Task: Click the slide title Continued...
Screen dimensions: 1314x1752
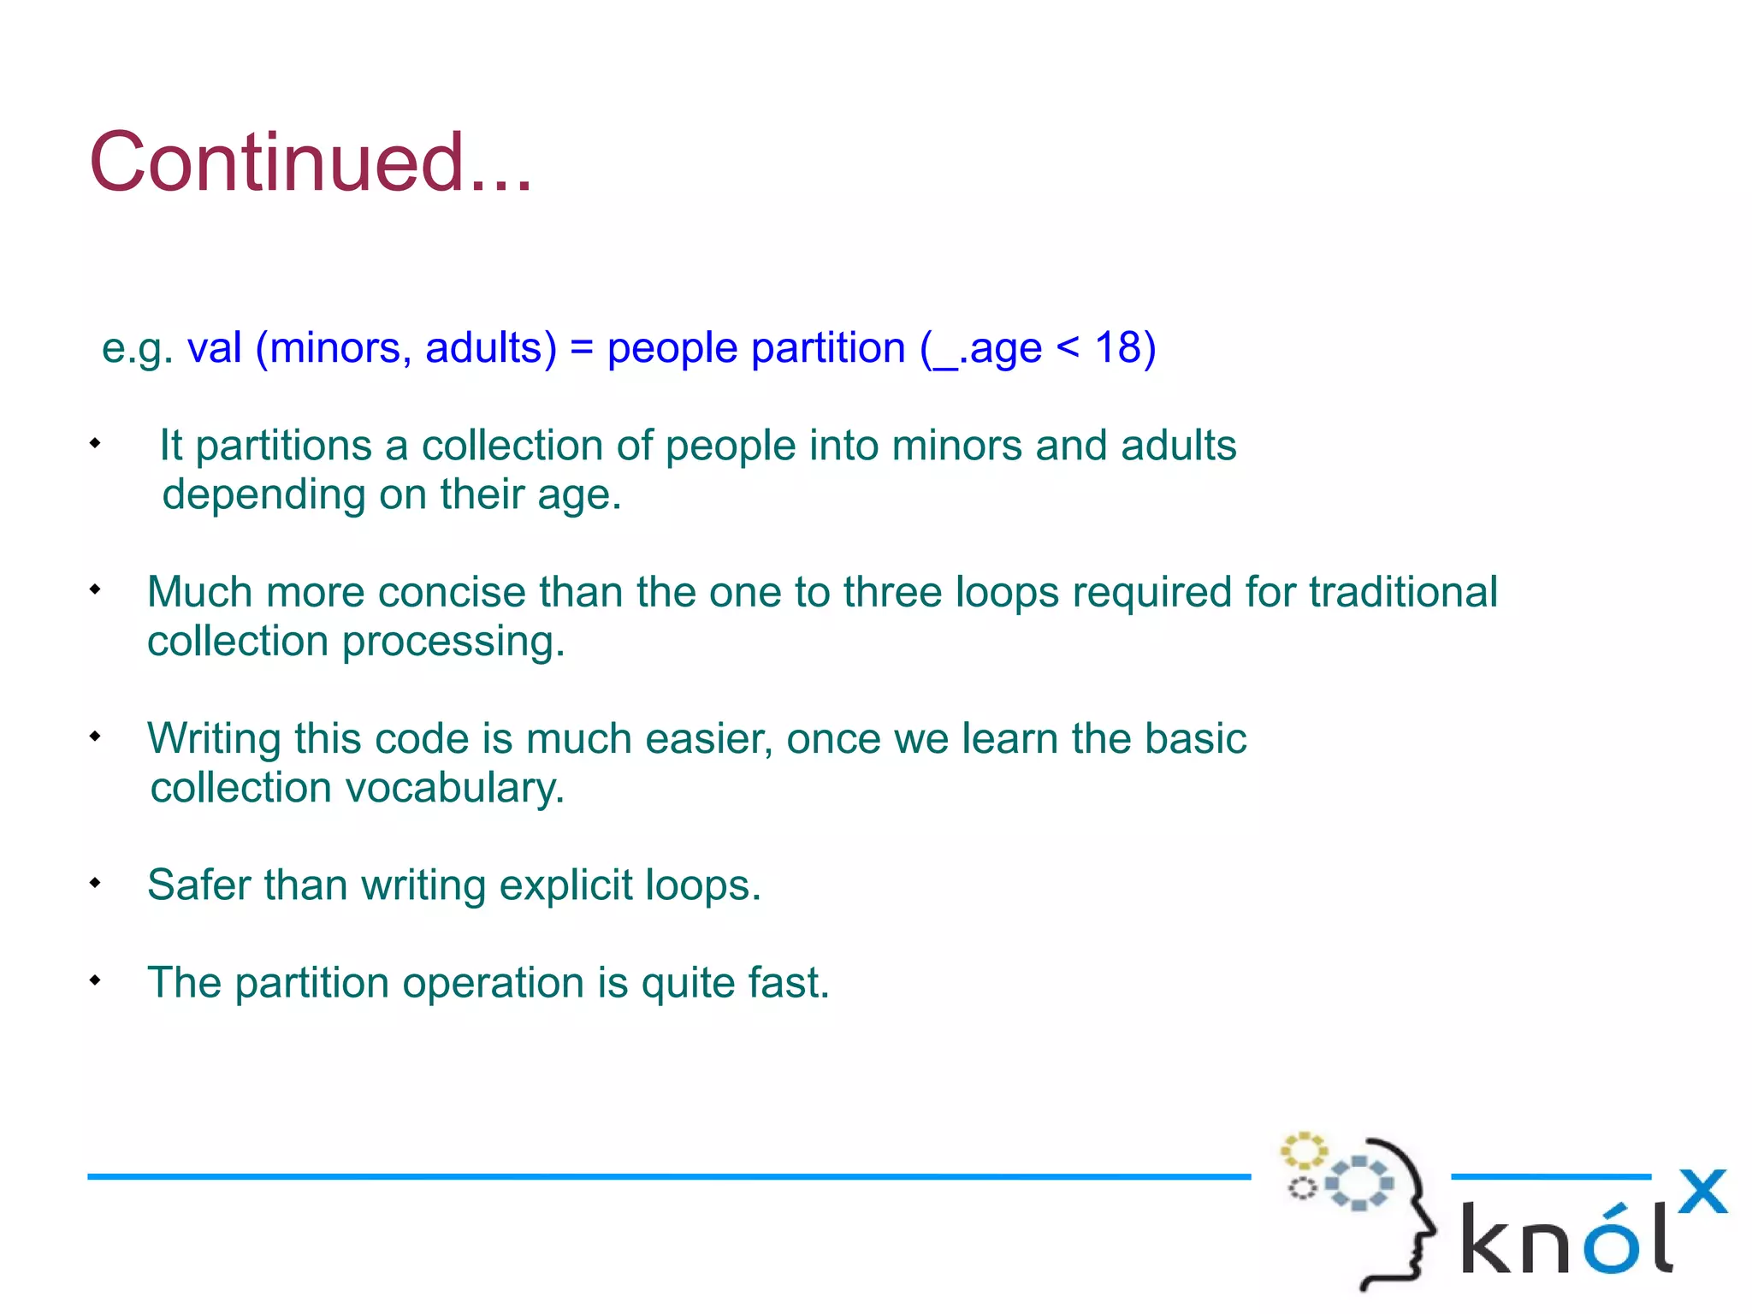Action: click(x=311, y=163)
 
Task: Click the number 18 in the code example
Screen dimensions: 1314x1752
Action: click(x=1118, y=348)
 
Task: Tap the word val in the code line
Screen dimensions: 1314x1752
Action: click(x=214, y=348)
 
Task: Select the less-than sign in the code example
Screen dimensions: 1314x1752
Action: click(x=1068, y=348)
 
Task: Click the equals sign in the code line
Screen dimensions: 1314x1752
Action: click(x=581, y=348)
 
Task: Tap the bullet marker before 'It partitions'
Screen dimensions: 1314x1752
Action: click(x=95, y=443)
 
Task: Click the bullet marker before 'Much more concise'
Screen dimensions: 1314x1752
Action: click(x=95, y=589)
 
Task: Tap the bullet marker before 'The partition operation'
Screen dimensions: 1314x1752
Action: click(x=95, y=980)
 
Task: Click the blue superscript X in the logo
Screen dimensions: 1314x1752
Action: click(x=1702, y=1192)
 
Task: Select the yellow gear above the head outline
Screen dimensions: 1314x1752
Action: click(x=1303, y=1151)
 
